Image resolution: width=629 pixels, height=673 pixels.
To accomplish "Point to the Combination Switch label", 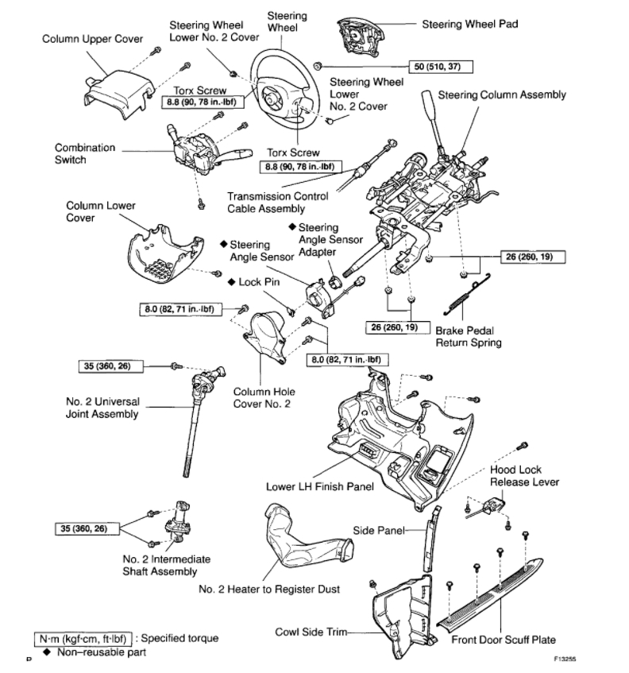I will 85,153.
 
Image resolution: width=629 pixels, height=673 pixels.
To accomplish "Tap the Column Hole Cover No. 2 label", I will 263,397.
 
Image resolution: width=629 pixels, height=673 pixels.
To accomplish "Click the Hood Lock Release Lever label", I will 524,476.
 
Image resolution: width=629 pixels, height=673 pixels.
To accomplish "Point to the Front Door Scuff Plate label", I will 503,639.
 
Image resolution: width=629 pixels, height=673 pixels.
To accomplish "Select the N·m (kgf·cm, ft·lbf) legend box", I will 82,638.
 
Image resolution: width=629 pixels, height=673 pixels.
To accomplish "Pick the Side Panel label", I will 380,529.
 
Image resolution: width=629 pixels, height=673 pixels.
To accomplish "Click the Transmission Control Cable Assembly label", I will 266,203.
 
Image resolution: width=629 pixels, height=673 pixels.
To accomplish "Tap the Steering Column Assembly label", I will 502,95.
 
